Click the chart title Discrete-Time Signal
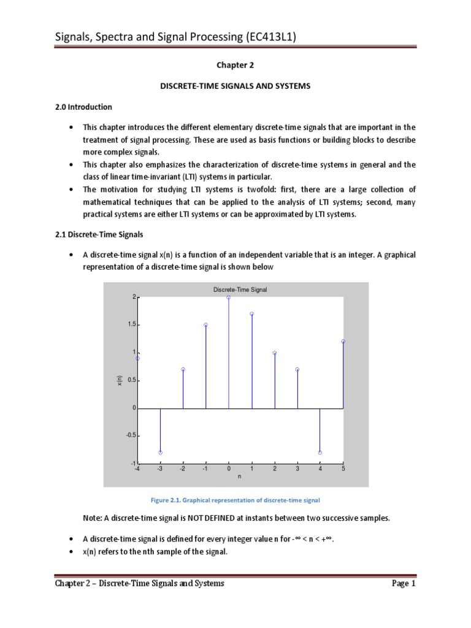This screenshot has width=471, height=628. click(x=240, y=289)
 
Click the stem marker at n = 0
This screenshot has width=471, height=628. click(x=229, y=297)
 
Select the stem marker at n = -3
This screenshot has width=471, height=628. click(x=160, y=453)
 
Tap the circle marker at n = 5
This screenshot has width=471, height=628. click(x=343, y=342)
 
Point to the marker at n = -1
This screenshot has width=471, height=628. click(x=206, y=325)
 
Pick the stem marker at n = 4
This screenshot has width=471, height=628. click(x=320, y=453)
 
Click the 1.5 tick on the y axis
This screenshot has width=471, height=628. click(x=131, y=325)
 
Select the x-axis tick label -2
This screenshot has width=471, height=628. click(x=182, y=469)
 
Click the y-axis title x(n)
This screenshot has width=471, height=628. click(x=120, y=380)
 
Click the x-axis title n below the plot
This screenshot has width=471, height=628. click(x=240, y=477)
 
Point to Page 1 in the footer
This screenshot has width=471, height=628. click(x=404, y=583)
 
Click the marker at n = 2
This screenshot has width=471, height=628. click(x=275, y=353)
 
